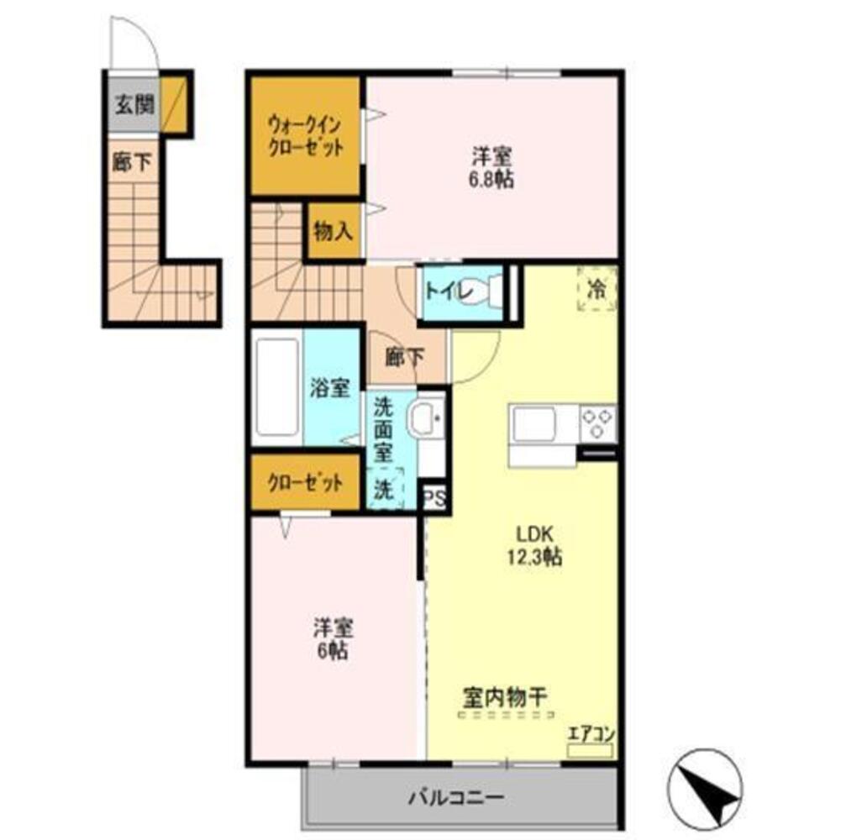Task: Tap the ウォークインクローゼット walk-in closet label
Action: pos(305,136)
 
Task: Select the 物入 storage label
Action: pos(333,231)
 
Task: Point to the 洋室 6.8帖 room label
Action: pos(491,168)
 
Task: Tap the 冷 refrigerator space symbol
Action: pos(597,289)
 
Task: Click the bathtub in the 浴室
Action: pos(276,386)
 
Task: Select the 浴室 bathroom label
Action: pos(330,388)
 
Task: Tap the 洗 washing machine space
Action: pos(384,487)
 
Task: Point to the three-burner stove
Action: pos(597,423)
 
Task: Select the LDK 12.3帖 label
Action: pos(534,545)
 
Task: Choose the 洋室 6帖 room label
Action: pos(333,639)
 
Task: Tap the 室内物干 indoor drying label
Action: pos(505,697)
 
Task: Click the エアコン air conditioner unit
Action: pos(590,750)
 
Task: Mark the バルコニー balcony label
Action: pos(456,797)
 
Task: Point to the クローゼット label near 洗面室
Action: pos(305,484)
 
